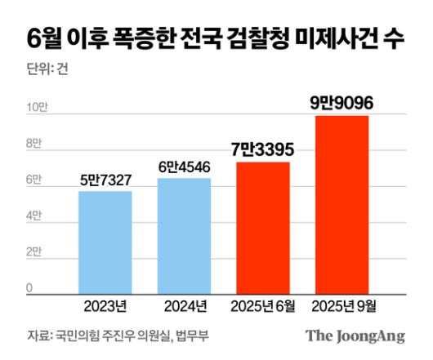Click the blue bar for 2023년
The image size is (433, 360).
[105, 242]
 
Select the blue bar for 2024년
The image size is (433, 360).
[184, 236]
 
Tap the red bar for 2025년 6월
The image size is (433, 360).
[263, 228]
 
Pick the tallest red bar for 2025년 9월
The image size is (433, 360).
[341, 204]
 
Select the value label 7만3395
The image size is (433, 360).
[262, 150]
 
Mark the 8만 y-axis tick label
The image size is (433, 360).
[33, 144]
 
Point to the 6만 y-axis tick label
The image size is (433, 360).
[33, 180]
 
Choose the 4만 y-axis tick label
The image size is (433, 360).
[33, 216]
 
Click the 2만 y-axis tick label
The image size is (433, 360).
[33, 252]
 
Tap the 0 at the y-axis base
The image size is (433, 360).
[29, 287]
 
